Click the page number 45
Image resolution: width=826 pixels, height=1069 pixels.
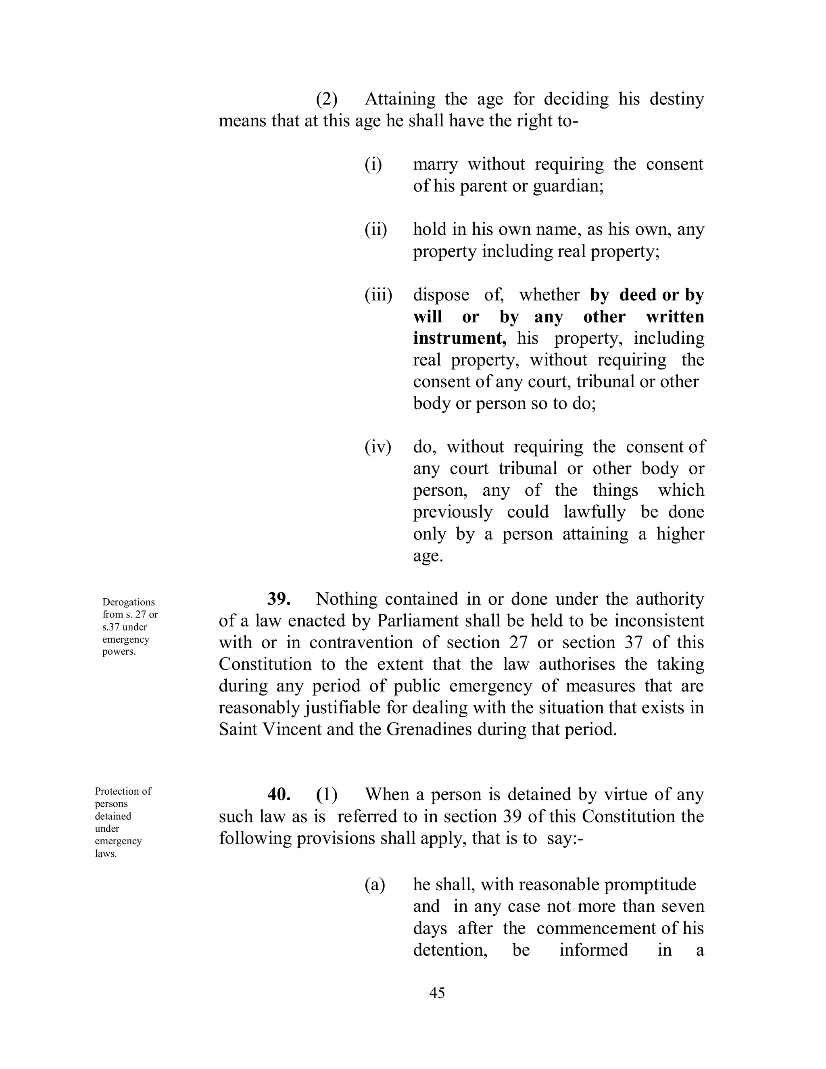pos(436,992)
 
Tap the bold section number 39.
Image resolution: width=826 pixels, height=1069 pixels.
pos(279,599)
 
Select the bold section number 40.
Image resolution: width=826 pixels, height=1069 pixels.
pos(279,794)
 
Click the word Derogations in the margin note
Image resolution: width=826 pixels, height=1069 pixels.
pos(129,602)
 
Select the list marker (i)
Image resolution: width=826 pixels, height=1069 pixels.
pos(373,165)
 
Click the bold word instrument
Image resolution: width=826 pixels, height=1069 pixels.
pos(459,338)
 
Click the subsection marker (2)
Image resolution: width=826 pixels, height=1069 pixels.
pos(326,99)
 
